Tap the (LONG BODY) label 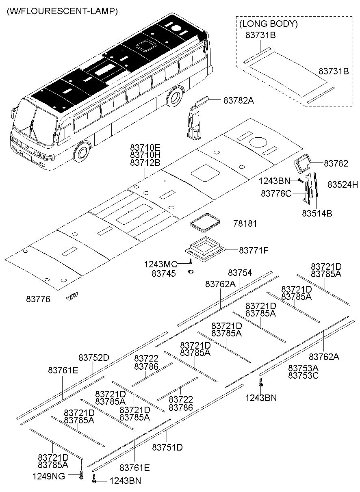(x=268, y=24)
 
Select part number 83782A (x=238, y=100)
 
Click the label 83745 (x=164, y=273)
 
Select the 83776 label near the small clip (x=38, y=299)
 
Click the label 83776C (x=276, y=193)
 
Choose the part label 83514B (x=317, y=212)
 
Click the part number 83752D (x=94, y=358)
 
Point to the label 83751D (x=167, y=447)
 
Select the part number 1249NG (x=48, y=476)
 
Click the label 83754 (x=240, y=273)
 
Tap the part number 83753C (x=303, y=375)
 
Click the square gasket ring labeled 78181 (x=206, y=223)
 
